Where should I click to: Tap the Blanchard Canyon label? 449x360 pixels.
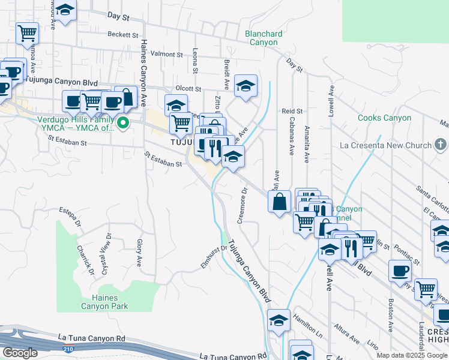tap(261, 38)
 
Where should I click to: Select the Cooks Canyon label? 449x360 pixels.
tap(384, 118)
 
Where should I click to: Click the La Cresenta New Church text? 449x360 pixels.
tap(385, 145)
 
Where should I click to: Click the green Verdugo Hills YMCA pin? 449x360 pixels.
tap(124, 124)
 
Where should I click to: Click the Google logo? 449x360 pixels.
tap(19, 353)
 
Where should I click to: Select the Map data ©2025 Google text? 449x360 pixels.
tap(412, 355)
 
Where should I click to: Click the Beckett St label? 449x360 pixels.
tap(123, 35)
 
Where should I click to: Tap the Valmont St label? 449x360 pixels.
tap(167, 55)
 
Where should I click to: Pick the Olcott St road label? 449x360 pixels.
tap(188, 88)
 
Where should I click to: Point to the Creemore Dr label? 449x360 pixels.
tap(243, 206)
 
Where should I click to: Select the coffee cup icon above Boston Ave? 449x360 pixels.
tap(400, 271)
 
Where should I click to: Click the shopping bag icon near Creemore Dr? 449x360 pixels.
tap(280, 202)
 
